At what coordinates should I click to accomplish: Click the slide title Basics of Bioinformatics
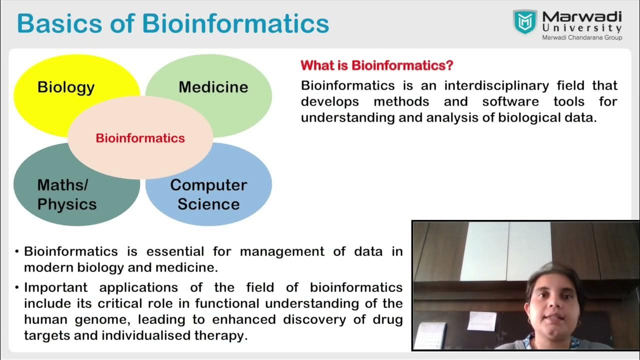pyautogui.click(x=173, y=23)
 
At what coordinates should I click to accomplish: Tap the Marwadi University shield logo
pyautogui.click(x=524, y=22)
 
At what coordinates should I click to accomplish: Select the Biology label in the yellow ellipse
pyautogui.click(x=66, y=87)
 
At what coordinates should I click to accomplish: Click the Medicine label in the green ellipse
pyautogui.click(x=213, y=87)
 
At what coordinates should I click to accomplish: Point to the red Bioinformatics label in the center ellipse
pyautogui.click(x=140, y=138)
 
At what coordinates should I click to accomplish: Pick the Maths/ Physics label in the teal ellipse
pyautogui.click(x=66, y=194)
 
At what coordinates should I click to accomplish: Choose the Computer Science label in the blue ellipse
pyautogui.click(x=208, y=194)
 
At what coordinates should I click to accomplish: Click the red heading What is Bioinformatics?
pyautogui.click(x=377, y=65)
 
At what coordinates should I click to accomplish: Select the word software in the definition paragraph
pyautogui.click(x=510, y=101)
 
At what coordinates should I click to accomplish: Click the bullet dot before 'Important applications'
pyautogui.click(x=17, y=287)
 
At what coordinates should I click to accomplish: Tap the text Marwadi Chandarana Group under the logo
pyautogui.click(x=582, y=37)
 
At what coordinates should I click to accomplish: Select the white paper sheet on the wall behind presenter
pyautogui.click(x=481, y=320)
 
